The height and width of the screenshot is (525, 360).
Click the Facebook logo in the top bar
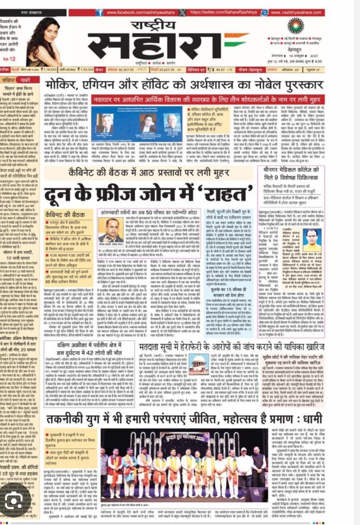pyautogui.click(x=99, y=13)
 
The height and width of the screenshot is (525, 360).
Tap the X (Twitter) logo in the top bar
pyautogui.click(x=182, y=13)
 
